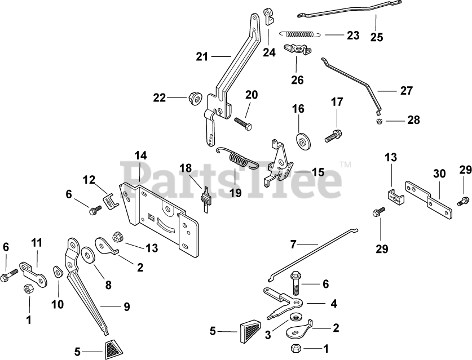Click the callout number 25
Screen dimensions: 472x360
pyautogui.click(x=376, y=37)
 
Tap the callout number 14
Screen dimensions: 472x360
pyautogui.click(x=140, y=154)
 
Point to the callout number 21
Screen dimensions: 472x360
pyautogui.click(x=202, y=56)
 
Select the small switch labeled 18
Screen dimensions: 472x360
pyautogui.click(x=206, y=198)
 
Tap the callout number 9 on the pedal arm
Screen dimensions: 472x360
pyautogui.click(x=127, y=307)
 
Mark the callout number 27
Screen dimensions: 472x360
pyautogui.click(x=407, y=90)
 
